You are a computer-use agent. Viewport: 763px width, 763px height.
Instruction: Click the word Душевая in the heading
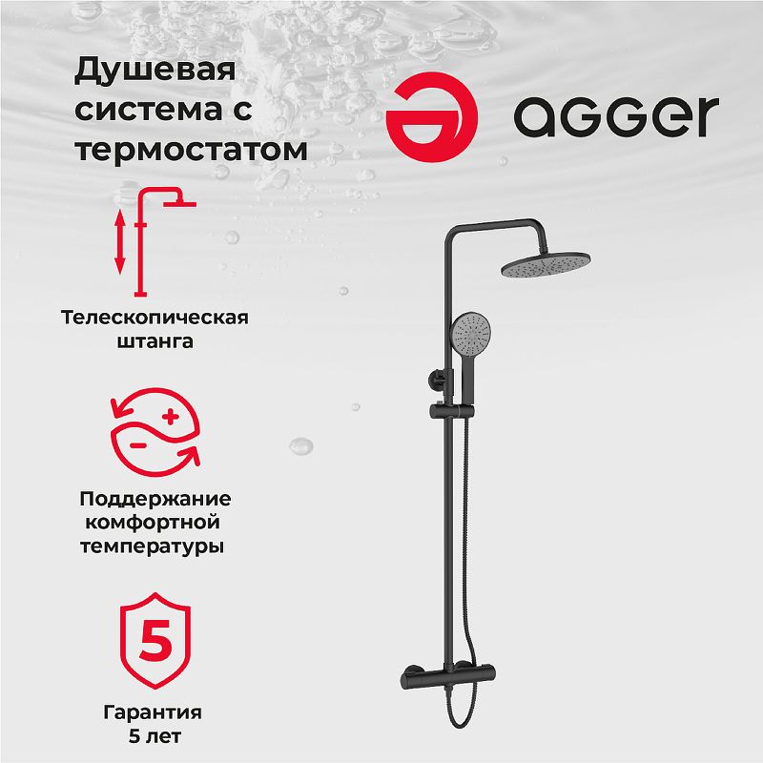pos(155,71)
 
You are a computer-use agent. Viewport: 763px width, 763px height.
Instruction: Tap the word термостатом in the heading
pos(192,150)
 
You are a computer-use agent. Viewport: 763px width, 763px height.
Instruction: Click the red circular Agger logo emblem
pos(432,116)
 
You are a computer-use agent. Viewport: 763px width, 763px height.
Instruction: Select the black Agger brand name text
pos(616,116)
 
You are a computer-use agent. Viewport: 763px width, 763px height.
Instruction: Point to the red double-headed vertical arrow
pos(120,242)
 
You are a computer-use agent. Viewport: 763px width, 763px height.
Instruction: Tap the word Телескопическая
pos(155,318)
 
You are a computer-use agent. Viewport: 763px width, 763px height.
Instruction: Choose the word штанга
pos(155,341)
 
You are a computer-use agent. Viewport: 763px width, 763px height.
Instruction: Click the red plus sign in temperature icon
pos(171,417)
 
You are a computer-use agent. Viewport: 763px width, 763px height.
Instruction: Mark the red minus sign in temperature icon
pos(138,445)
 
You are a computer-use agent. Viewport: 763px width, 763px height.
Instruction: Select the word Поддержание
pos(155,500)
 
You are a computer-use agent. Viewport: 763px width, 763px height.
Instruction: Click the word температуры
pos(153,546)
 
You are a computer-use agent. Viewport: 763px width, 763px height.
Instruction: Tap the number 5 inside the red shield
pos(155,640)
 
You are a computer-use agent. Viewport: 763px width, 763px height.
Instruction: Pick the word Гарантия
pos(153,712)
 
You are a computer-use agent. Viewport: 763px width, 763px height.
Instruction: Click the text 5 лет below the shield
pos(155,736)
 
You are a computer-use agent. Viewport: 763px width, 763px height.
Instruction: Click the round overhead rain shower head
pos(546,264)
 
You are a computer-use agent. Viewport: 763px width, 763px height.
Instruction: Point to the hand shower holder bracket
pos(452,412)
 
